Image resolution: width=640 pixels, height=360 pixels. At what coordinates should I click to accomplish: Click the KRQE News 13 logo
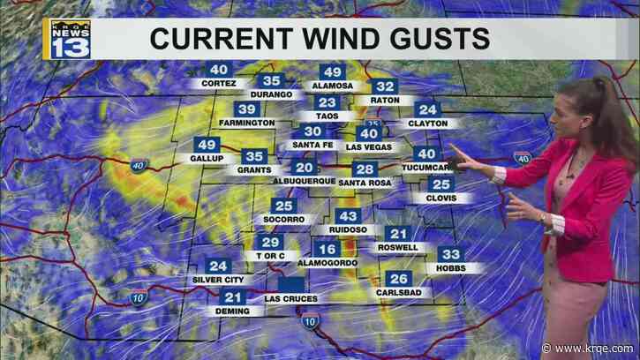(68, 39)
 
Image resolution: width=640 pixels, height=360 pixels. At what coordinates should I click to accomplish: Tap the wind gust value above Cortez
(218, 70)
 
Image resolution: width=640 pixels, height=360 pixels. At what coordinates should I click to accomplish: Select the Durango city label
(271, 94)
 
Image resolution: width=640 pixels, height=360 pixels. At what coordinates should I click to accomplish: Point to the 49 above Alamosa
(332, 72)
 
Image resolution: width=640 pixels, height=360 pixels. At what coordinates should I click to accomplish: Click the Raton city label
(385, 100)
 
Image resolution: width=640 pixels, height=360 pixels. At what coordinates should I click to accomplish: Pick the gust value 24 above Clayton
(428, 109)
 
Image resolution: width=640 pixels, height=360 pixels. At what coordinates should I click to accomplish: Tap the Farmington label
(247, 123)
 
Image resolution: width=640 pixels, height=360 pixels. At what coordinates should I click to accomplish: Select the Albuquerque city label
(303, 181)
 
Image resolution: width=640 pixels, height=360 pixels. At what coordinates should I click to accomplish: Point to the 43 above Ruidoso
(348, 216)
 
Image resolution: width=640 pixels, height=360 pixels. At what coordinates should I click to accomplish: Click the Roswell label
(398, 248)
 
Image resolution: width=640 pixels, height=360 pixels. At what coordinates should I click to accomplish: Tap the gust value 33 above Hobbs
(448, 254)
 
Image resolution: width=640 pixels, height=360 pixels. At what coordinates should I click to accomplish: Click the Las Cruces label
(290, 299)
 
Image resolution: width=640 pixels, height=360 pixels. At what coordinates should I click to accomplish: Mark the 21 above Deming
(232, 297)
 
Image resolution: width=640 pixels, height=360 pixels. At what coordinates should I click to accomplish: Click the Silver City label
(217, 280)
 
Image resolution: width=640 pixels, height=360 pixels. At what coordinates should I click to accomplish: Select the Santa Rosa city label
(364, 183)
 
